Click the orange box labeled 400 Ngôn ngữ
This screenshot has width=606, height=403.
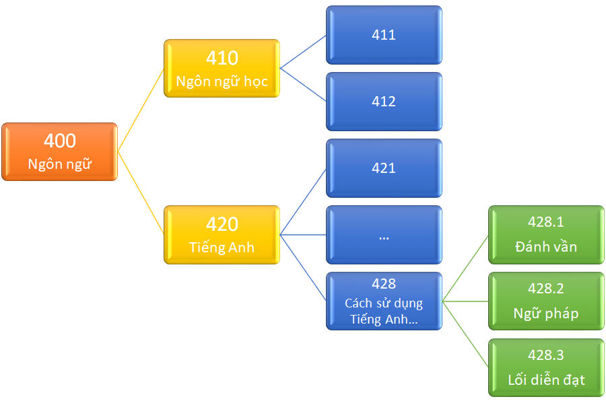point(59,152)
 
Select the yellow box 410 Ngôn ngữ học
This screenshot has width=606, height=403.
point(222,69)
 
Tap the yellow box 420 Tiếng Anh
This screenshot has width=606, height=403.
point(222,235)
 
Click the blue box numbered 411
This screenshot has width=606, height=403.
point(384,35)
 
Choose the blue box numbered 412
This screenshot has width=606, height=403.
point(384,102)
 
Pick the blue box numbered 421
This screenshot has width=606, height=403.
point(384,168)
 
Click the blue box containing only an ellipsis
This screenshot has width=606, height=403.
point(384,235)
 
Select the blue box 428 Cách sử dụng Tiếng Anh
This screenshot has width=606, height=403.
point(384,301)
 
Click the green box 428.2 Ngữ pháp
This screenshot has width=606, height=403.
point(546,301)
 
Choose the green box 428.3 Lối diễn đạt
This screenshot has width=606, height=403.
point(546,367)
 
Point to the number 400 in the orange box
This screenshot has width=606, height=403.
point(60,141)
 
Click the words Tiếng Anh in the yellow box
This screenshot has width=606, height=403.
point(222,247)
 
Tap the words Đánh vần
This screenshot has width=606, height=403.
point(546,246)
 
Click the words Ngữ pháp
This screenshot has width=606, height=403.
point(546,313)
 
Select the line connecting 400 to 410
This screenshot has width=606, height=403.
point(141,110)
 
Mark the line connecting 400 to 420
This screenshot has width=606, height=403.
point(141,193)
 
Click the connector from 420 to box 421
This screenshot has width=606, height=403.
point(303,202)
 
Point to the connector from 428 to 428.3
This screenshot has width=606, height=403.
point(465,334)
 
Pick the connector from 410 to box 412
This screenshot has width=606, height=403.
point(303,85)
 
